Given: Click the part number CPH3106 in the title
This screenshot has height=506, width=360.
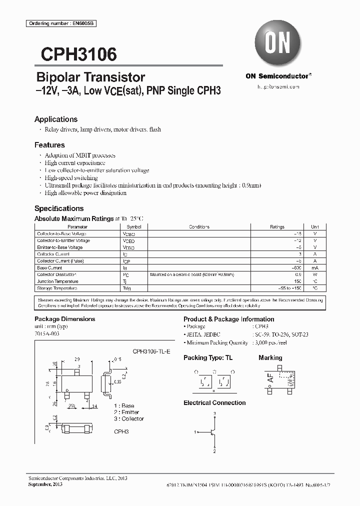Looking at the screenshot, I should coord(75,54).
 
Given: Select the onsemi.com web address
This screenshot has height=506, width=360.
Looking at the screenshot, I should coord(278,87).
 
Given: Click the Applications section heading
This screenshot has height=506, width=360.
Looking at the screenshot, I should coord(56,119).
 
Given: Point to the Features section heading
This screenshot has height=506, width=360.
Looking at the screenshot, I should coord(49,145).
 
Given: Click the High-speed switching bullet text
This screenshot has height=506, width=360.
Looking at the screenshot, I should coord(71,177).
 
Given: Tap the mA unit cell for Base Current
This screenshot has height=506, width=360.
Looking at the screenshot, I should coord(314,268).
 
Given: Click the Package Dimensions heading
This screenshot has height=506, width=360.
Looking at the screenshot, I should coord(64,319).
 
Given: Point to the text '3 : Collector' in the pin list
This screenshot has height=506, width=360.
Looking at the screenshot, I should coord(129,418).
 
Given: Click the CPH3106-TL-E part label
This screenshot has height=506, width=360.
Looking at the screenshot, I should coord(151,352).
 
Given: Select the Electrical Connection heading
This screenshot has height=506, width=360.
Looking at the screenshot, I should coord(214,402).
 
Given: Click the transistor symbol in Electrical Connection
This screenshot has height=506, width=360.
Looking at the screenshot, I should coord(212,431).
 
